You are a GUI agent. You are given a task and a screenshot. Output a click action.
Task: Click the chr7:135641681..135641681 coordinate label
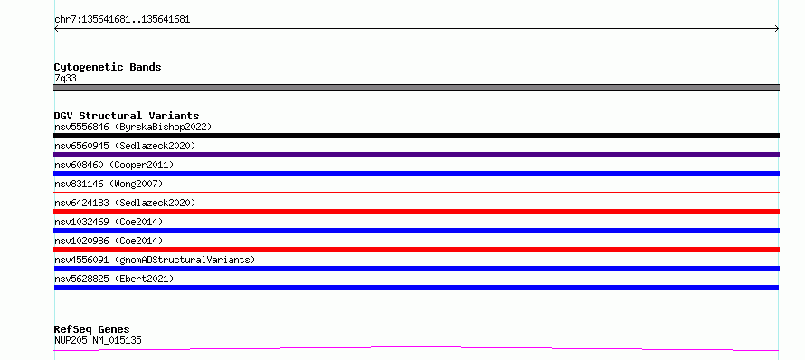coord(122,20)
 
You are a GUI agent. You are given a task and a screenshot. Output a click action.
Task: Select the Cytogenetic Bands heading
coord(108,67)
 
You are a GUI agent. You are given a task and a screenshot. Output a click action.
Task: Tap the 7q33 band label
coord(66,79)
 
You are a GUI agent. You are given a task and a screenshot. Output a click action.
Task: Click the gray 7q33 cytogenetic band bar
coord(416,88)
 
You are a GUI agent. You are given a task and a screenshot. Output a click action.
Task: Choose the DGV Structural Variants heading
coord(127,116)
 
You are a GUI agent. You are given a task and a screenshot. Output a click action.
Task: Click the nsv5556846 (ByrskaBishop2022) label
coord(133,127)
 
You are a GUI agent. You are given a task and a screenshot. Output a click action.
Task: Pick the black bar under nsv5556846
coord(416,136)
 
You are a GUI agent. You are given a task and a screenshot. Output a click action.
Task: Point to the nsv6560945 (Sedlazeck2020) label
coord(125,146)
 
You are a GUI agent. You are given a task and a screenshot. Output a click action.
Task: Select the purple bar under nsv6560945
coord(416,155)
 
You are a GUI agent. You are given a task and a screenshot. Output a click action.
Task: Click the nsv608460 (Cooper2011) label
coord(114,165)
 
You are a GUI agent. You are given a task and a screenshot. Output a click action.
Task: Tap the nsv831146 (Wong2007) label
coord(109,184)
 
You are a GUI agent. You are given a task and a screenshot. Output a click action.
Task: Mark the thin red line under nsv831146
coord(416,192)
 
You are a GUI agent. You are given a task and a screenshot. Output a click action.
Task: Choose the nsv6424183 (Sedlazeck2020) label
coord(125,203)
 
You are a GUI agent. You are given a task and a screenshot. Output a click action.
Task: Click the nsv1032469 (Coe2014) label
coord(109,222)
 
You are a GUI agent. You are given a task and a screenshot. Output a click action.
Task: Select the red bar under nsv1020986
coord(416,250)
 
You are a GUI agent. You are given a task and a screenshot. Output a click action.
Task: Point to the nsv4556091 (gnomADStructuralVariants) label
coord(155,260)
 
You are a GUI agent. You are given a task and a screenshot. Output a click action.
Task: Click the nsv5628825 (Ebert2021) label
coord(114,279)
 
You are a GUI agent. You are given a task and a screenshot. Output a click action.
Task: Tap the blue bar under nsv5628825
coord(416,288)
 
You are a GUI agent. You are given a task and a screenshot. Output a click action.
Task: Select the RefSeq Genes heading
coord(92,329)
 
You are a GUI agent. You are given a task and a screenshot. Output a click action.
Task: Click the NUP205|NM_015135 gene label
coord(98,340)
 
